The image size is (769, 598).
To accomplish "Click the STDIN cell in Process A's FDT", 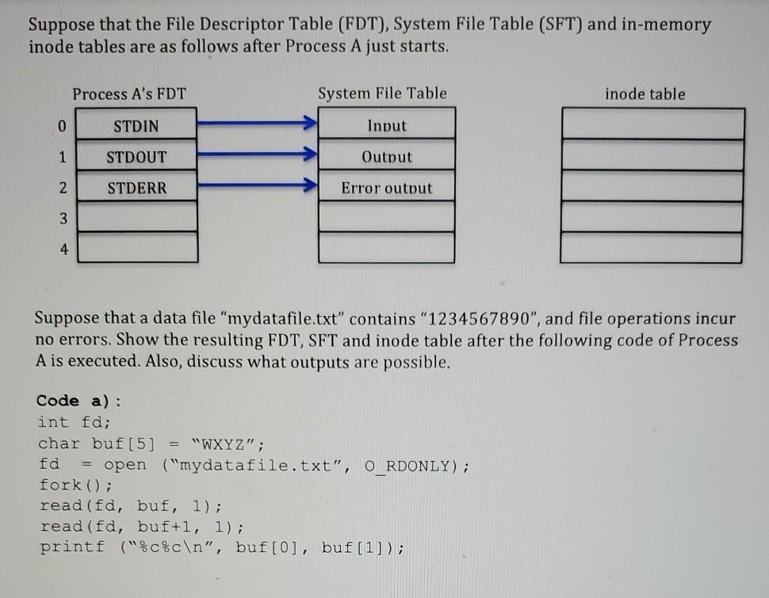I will click(x=136, y=126).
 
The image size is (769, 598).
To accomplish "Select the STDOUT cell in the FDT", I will click(x=136, y=157).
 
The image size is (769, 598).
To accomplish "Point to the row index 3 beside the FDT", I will click(x=63, y=217).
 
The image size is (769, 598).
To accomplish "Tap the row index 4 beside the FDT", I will click(x=63, y=249).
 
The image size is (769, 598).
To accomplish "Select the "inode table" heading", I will click(x=645, y=94).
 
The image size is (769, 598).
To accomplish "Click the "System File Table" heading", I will click(x=382, y=94).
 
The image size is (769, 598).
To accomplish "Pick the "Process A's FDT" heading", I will click(x=129, y=94).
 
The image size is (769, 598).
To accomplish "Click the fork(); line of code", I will click(x=76, y=484).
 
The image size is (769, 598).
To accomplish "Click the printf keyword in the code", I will click(x=71, y=547).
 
